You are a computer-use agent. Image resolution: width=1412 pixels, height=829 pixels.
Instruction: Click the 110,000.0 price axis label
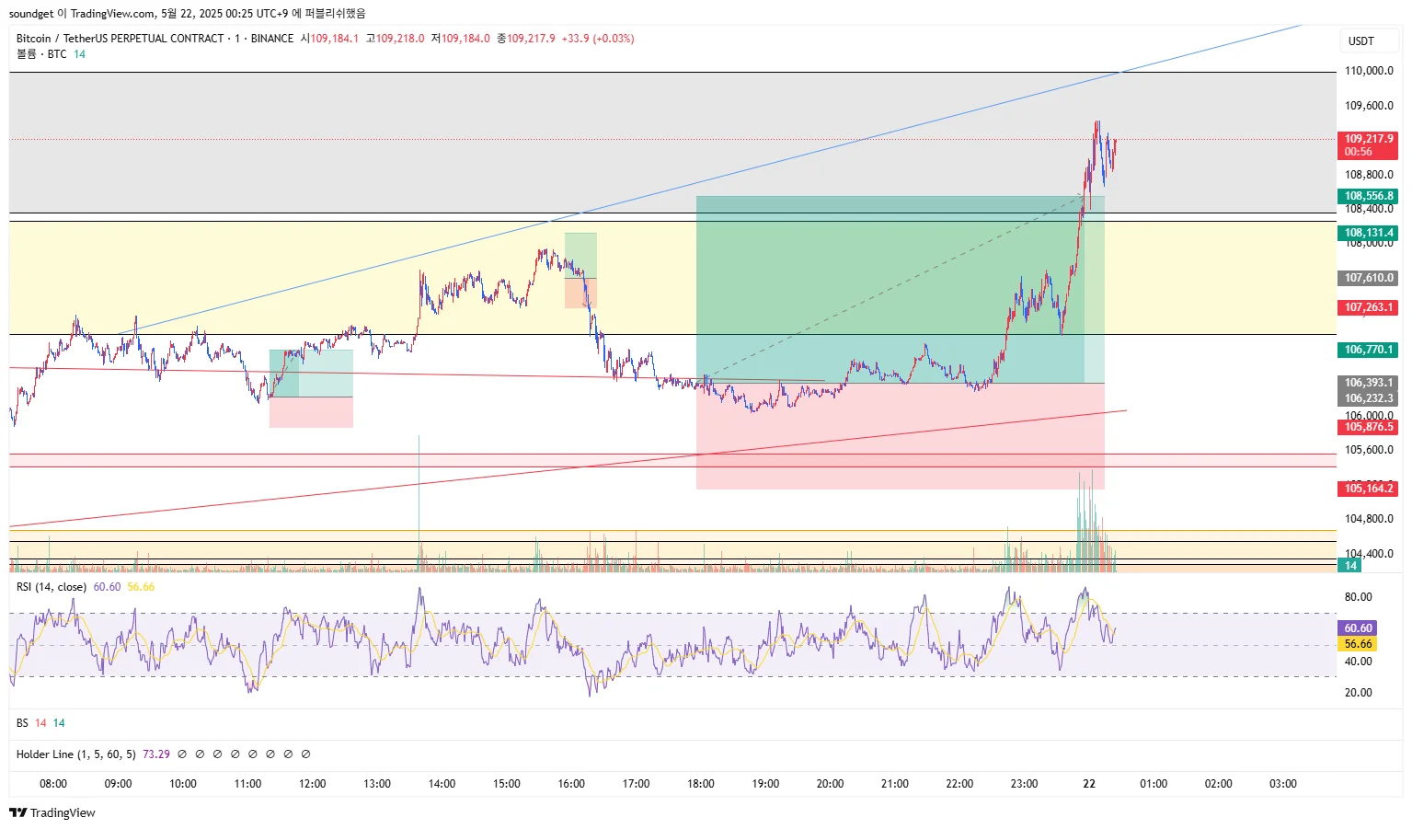pos(1369,71)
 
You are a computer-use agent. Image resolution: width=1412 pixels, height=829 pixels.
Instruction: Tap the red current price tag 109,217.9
pos(1369,140)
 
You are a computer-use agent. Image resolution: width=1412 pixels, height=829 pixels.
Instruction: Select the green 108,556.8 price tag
pos(1369,196)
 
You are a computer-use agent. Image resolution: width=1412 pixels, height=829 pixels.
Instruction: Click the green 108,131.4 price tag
pos(1369,233)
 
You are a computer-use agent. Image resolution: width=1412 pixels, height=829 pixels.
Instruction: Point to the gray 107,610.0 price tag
pos(1369,278)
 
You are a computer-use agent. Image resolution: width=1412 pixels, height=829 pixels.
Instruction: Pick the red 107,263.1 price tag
pos(1369,307)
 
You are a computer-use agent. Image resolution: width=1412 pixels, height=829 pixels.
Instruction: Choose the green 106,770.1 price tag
pos(1369,350)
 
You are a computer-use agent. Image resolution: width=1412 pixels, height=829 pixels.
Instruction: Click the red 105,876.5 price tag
pos(1369,427)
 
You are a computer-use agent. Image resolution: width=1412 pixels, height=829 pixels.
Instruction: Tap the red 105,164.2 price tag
pos(1369,489)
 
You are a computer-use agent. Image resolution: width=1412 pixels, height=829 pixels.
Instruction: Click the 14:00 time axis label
pos(442,784)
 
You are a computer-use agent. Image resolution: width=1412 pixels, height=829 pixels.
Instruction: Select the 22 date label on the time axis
pos(1089,784)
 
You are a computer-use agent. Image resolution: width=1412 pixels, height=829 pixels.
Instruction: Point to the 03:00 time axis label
pos(1283,784)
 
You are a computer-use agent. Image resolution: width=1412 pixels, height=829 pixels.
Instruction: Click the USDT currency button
pos(1361,41)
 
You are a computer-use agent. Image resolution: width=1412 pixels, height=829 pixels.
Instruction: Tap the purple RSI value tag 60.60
pos(1358,628)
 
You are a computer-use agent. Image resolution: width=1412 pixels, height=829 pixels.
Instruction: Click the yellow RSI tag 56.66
pos(1358,644)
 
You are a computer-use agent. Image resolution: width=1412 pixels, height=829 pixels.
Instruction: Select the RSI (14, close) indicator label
pos(52,587)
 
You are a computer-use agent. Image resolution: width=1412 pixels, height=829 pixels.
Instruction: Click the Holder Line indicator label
pos(75,754)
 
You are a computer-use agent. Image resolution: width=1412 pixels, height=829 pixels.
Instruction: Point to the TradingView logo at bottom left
pos(52,812)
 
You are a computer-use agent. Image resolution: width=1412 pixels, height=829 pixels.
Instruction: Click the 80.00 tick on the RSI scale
pos(1358,597)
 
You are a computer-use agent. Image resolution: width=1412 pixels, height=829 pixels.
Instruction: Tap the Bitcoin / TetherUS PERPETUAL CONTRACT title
pos(120,39)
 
